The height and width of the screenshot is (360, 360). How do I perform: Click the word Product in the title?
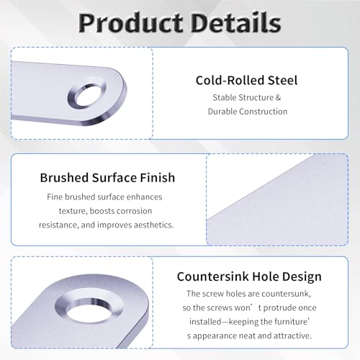point(130,23)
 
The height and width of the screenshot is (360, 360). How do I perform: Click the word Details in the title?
point(236,22)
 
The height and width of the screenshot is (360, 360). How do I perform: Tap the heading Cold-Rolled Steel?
point(246,80)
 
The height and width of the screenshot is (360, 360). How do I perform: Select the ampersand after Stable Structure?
point(278,98)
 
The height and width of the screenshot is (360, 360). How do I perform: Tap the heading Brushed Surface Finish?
point(107,178)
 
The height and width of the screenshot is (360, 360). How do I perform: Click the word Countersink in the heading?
point(212,276)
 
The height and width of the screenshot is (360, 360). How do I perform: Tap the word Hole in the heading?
point(266,276)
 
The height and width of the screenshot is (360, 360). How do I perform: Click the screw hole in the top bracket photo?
point(87,95)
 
